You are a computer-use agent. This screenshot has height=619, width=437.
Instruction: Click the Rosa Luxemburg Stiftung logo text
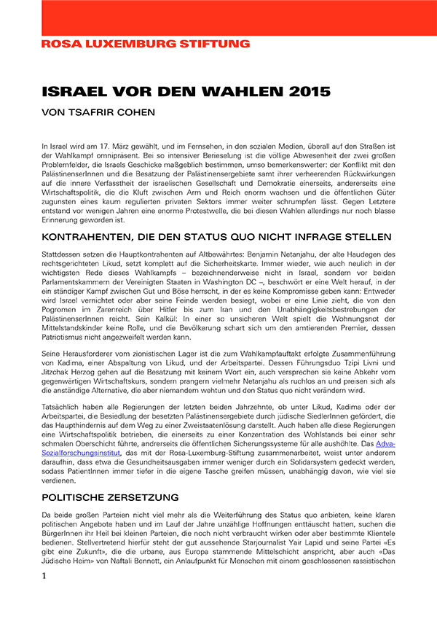(x=146, y=44)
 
